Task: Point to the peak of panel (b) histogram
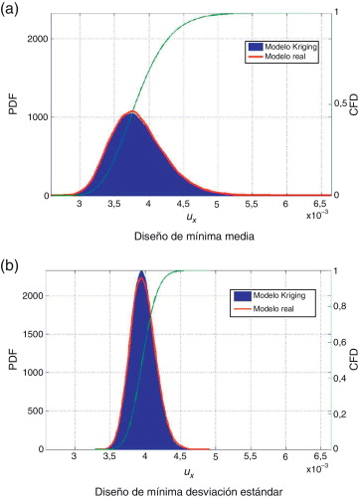tap(141, 272)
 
